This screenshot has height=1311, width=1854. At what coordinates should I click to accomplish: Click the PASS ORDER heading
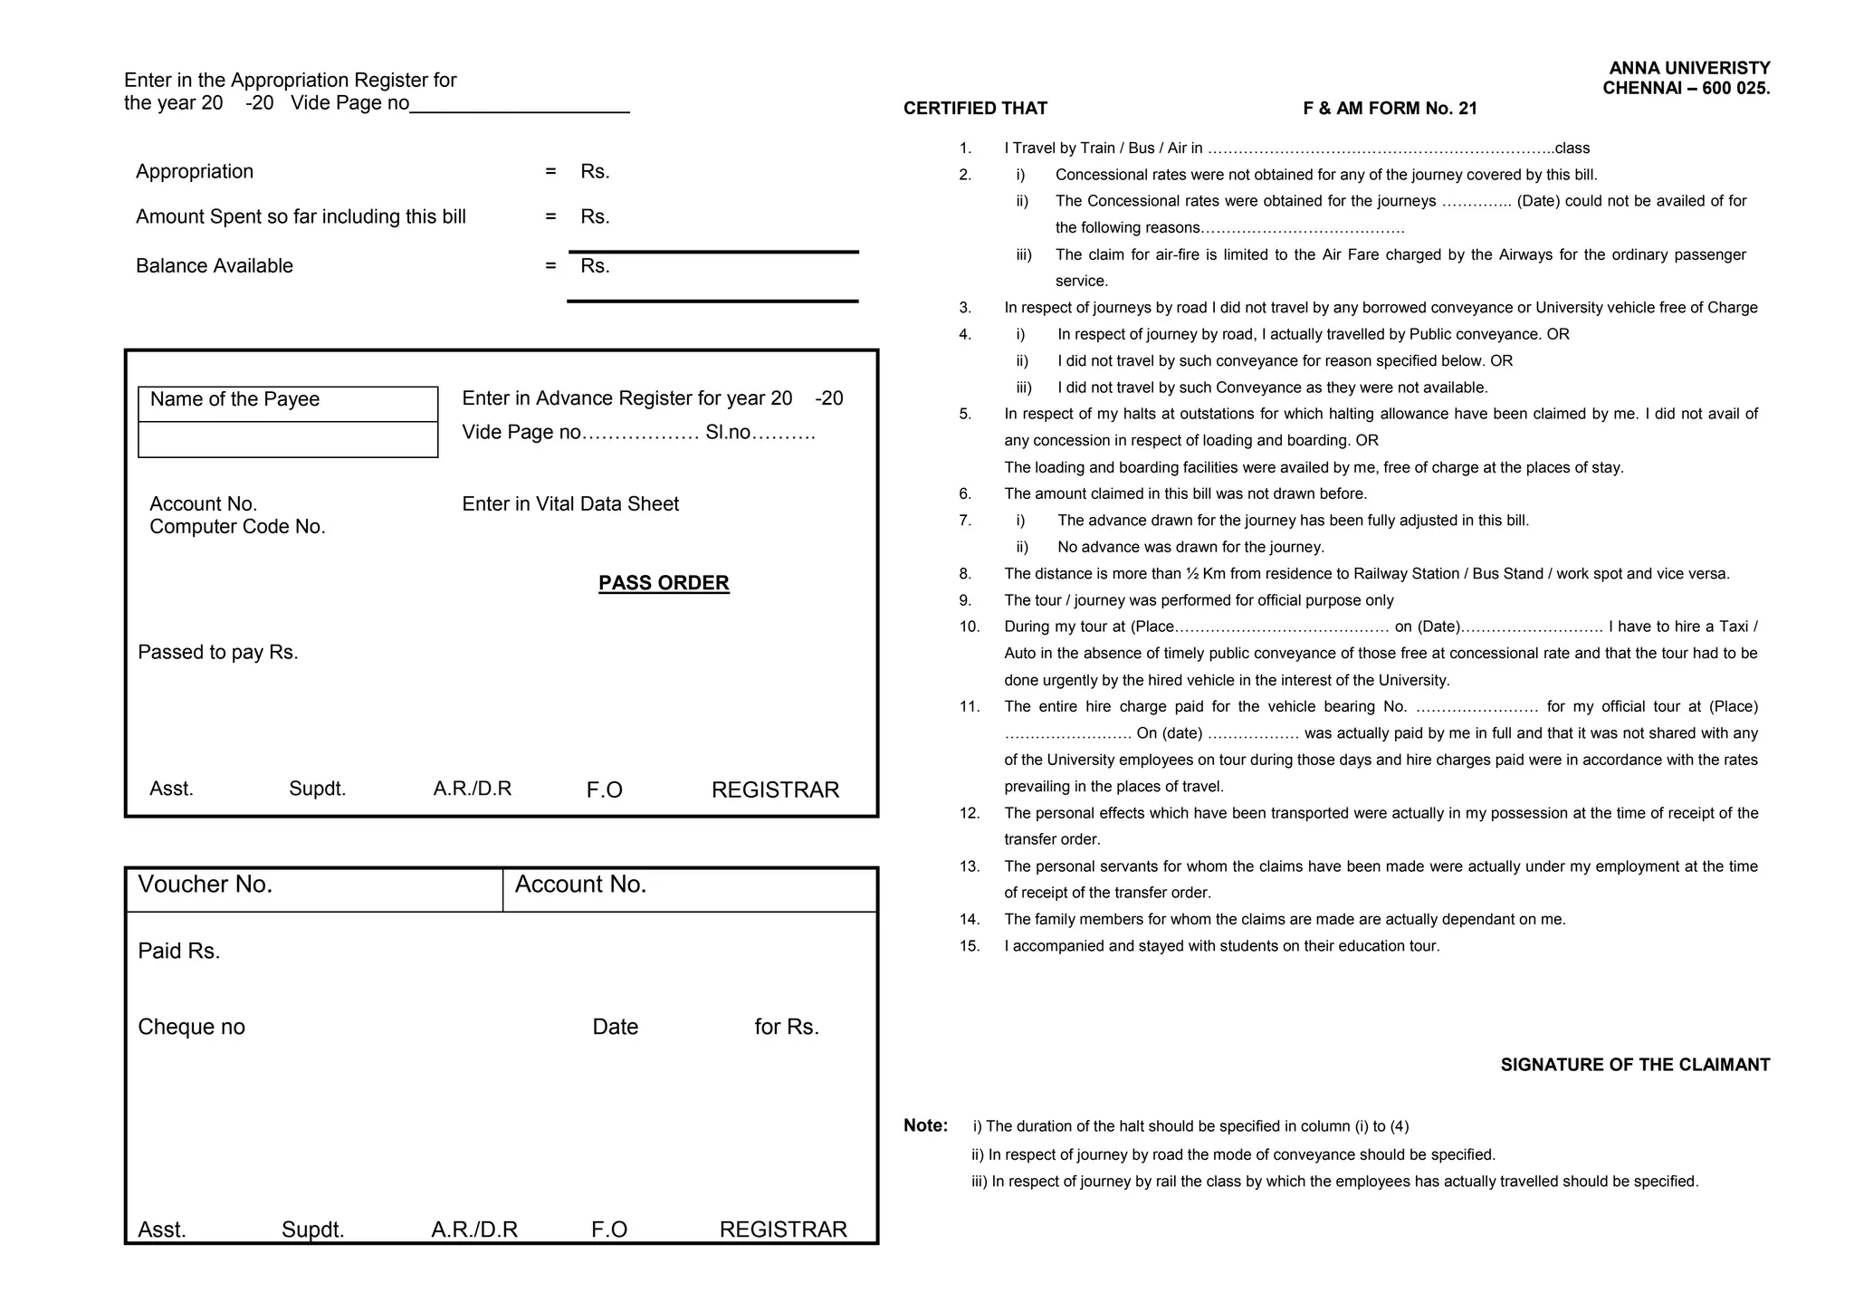tap(664, 583)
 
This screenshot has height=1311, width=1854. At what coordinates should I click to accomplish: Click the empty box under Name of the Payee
tap(288, 440)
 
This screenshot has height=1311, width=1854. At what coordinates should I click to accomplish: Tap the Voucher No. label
tap(205, 885)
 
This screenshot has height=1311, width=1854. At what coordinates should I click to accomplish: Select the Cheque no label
tap(191, 1027)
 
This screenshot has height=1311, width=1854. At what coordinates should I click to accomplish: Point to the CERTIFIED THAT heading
tap(975, 109)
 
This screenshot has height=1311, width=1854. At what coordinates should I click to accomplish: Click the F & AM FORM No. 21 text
tap(1390, 109)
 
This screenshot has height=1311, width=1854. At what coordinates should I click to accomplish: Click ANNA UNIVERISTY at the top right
tap(1689, 68)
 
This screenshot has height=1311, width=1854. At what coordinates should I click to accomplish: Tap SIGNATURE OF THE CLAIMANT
tap(1635, 1065)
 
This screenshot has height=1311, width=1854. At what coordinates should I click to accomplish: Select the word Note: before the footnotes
tap(925, 1125)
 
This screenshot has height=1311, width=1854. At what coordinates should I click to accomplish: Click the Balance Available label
tap(215, 266)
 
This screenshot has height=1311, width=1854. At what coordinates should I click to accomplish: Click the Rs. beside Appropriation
tap(595, 172)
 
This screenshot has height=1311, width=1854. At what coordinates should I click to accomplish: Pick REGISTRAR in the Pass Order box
tap(775, 790)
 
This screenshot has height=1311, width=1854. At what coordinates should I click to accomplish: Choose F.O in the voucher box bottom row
tap(609, 1230)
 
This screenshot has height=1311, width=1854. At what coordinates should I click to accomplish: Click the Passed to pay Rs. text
tap(218, 653)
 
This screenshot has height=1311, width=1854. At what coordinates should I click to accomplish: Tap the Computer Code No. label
tap(237, 527)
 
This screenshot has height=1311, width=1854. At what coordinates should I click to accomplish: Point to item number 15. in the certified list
tap(970, 946)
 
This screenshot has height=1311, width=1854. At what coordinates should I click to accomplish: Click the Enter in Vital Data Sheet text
tap(570, 504)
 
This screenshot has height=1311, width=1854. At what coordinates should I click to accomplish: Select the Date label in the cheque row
tap(615, 1027)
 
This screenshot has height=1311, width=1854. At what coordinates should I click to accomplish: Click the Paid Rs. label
tap(179, 952)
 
